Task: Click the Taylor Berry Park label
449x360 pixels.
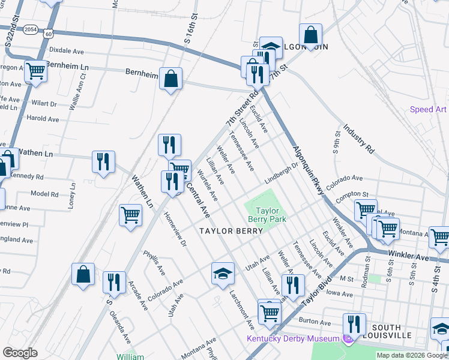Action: click(268, 215)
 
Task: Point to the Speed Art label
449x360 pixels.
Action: click(428, 109)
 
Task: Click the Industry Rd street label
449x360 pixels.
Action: click(359, 139)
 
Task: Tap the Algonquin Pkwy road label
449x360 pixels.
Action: click(309, 169)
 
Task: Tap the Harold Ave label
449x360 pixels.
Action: click(43, 119)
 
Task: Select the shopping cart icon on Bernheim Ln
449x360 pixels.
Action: click(35, 71)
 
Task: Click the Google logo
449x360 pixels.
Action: click(20, 353)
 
